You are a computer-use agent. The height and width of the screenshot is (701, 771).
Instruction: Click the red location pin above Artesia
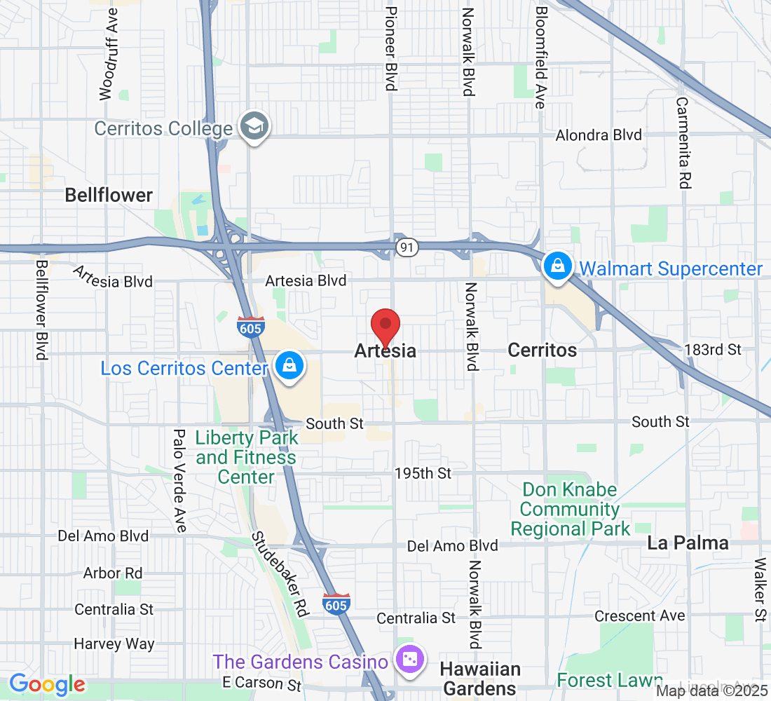coord(385,327)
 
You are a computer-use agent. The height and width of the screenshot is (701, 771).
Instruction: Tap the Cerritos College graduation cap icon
coord(254,127)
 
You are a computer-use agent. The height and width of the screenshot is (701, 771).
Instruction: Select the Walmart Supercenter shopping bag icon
coord(557,267)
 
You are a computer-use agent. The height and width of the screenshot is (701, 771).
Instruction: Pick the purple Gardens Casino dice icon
coord(409,660)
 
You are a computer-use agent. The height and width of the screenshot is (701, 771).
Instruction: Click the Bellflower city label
coord(109,195)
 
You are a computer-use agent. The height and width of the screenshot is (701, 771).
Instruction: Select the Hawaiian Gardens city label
coord(481,679)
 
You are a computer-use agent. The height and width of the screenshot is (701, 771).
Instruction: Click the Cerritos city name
coord(543,350)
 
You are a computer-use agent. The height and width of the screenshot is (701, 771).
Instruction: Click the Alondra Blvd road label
coord(599,135)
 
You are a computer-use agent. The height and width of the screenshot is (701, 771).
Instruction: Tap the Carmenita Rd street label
coord(683,142)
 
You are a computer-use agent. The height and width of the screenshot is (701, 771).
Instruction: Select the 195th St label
coord(423,474)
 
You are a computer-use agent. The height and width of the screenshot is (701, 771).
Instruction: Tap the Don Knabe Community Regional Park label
coord(571,509)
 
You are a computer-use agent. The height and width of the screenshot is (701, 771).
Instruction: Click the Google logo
coord(47,684)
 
